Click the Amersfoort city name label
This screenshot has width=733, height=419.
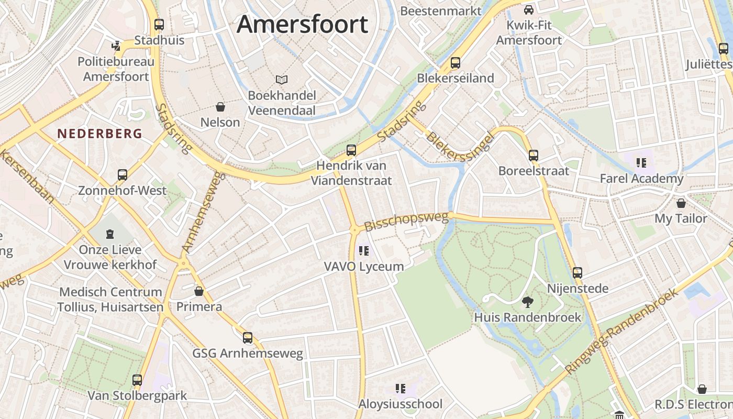coord(302,25)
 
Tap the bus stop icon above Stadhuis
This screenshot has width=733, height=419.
coord(159,25)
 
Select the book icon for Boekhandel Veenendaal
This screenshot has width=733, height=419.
coord(282,80)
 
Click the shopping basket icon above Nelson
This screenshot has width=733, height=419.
coord(220,107)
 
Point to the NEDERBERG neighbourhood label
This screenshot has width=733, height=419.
coord(100,134)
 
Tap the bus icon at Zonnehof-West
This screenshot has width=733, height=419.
coord(123,175)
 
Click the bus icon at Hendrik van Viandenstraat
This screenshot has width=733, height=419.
coord(351,150)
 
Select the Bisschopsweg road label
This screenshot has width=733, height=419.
coord(406,221)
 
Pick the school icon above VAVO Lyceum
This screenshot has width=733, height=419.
coord(364,251)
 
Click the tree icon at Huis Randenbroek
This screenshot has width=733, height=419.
coord(528,302)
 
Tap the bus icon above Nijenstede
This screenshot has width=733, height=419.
coord(577,273)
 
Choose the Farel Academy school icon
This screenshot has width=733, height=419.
coord(641,163)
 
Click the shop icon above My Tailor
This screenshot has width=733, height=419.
coord(681,203)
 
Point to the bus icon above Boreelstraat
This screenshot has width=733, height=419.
coord(534,156)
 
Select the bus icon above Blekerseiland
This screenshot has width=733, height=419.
coord(456,63)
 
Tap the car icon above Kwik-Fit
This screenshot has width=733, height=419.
coord(529,9)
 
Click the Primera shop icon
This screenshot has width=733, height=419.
coord(199,291)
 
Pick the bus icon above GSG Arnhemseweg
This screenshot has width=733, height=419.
coord(248,338)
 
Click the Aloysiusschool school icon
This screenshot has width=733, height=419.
coord(401,389)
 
